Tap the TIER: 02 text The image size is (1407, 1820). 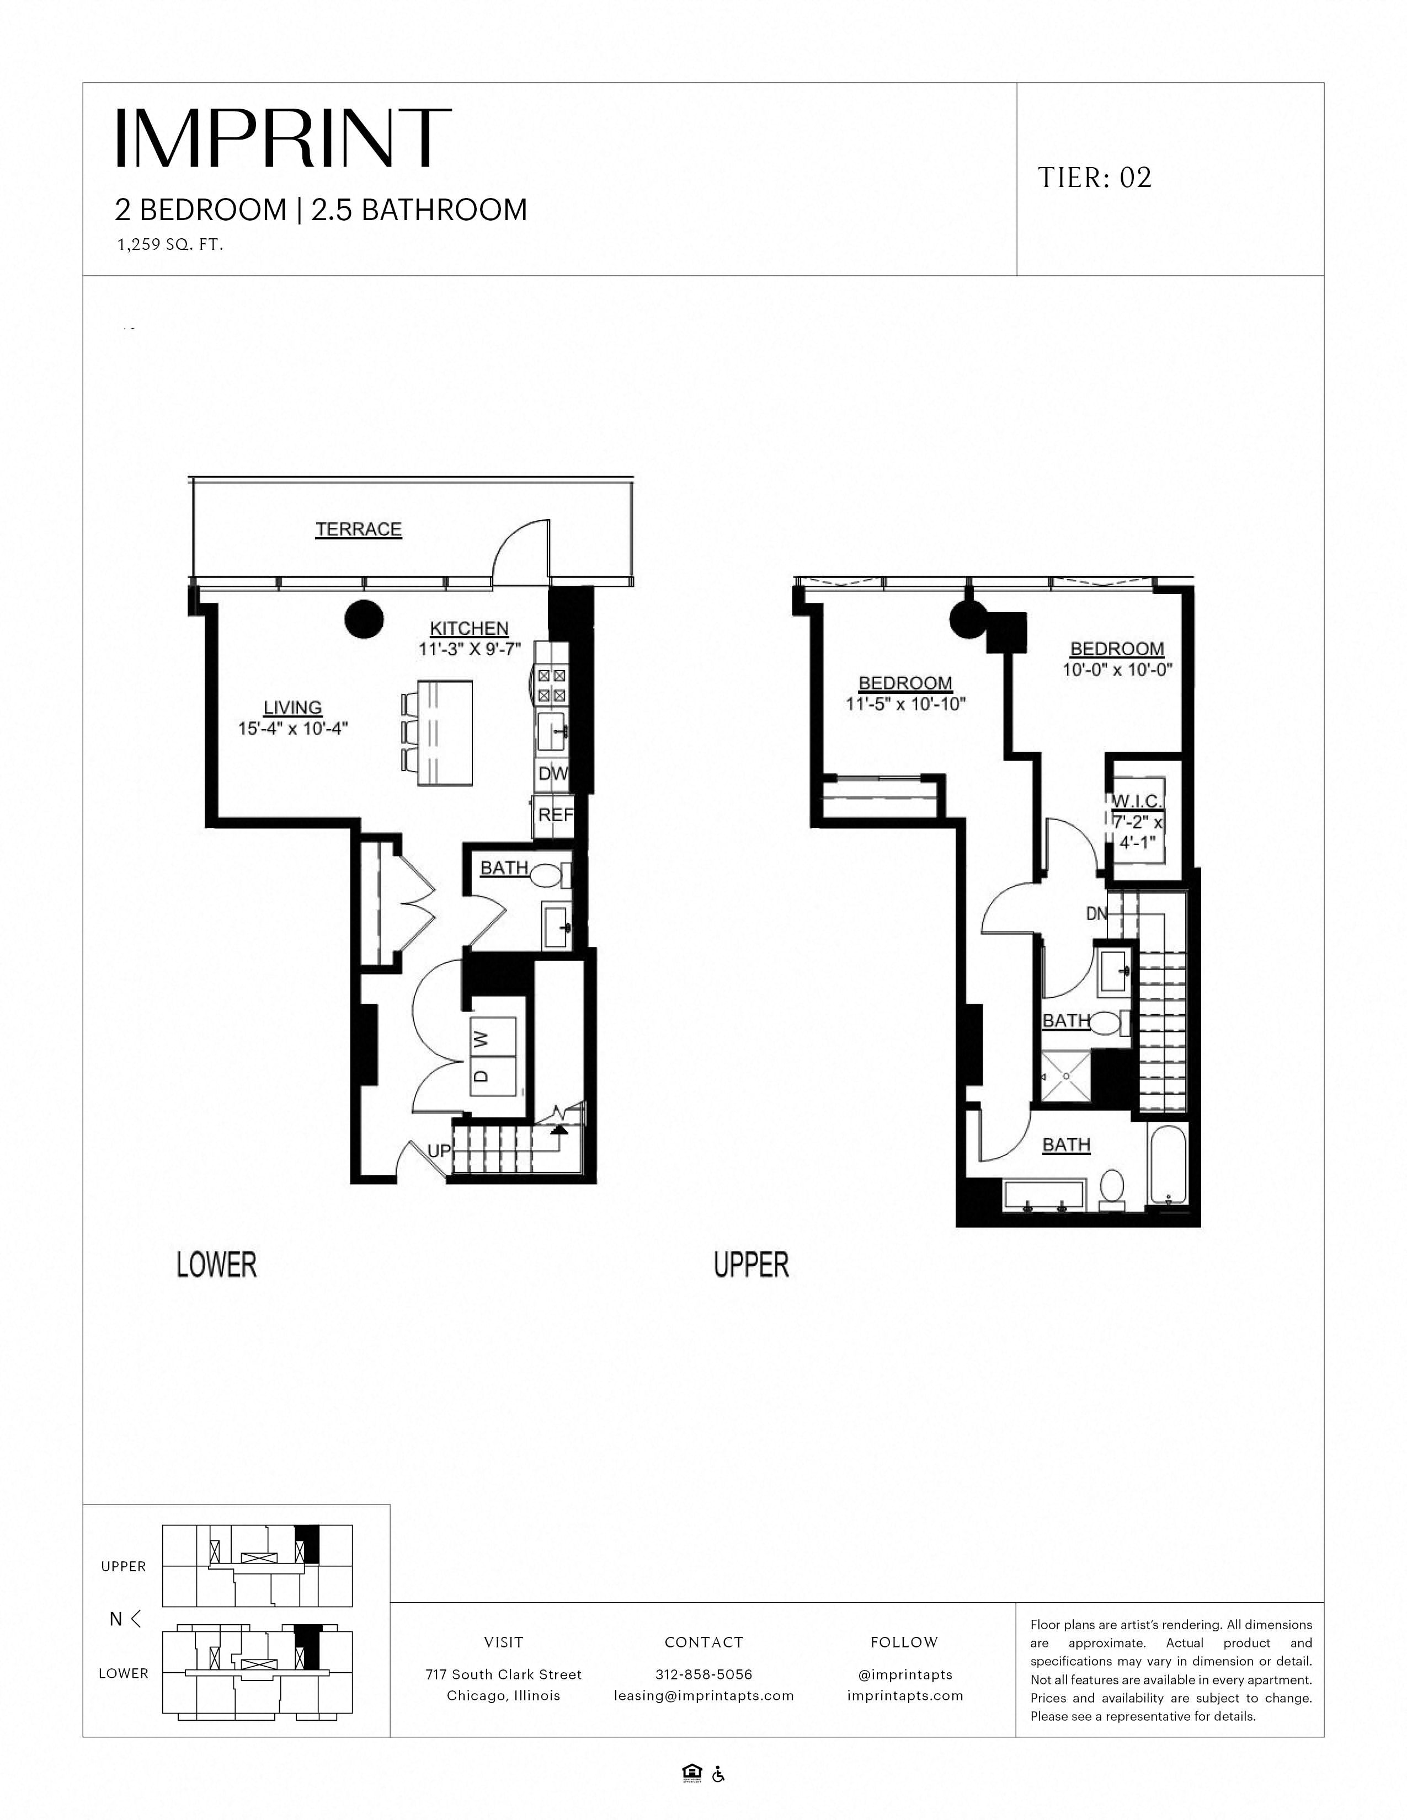1095,178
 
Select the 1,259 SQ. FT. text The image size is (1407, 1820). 169,246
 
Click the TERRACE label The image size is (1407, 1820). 359,529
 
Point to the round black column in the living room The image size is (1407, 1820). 364,619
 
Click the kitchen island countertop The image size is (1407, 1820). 446,732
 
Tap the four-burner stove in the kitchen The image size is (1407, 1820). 551,684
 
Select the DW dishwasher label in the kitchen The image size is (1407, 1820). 552,773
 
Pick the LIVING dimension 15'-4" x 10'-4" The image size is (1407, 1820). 292,729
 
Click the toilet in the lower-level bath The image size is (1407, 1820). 550,876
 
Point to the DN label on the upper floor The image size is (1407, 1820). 1096,914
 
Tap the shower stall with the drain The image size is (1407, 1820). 1065,1077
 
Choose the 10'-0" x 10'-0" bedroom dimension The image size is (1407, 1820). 1117,669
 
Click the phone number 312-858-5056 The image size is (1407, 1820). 703,1674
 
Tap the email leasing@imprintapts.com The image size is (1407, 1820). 703,1695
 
